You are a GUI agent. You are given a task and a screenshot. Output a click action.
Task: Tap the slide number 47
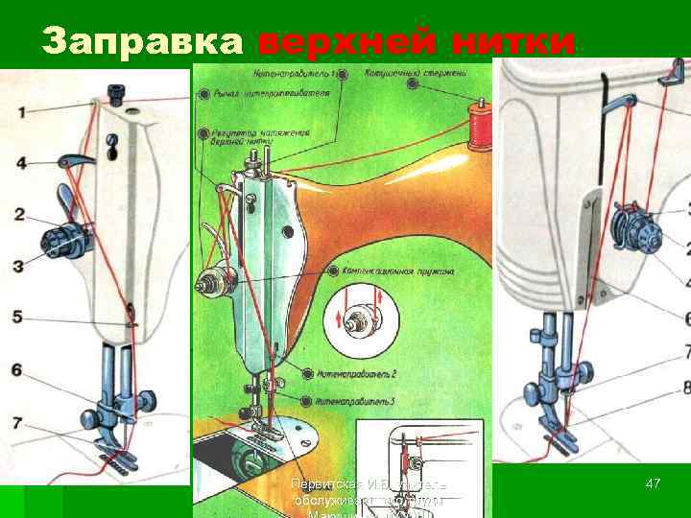(653, 484)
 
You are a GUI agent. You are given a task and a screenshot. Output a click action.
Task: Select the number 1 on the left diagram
(20, 110)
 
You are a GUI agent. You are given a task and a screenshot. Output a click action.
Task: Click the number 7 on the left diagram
(20, 421)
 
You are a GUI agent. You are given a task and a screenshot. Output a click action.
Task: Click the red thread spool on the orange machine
(477, 130)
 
